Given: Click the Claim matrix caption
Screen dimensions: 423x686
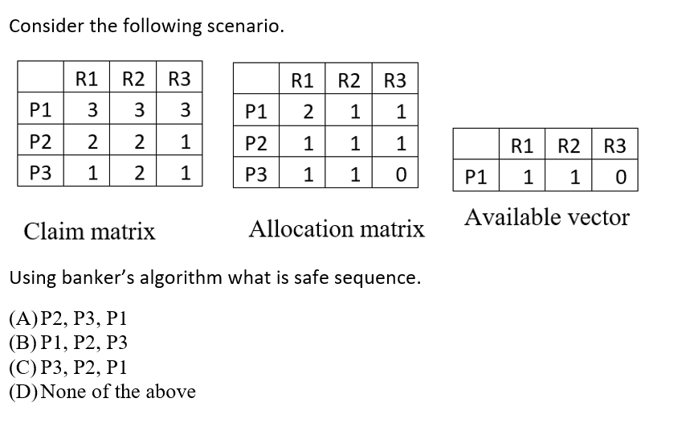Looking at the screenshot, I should pos(89,232).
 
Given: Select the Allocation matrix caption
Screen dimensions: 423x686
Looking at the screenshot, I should pos(337,229).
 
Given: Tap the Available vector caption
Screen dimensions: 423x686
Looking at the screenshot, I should pos(546,217).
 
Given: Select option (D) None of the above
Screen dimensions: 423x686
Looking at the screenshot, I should pos(102,392).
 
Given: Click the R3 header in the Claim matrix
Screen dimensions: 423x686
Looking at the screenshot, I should pos(180,79).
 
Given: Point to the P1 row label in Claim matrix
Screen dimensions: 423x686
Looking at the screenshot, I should pos(41,109).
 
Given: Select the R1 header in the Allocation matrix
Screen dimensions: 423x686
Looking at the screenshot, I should pos(302,80).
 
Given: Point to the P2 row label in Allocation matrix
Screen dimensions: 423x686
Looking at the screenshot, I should pos(256,142).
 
